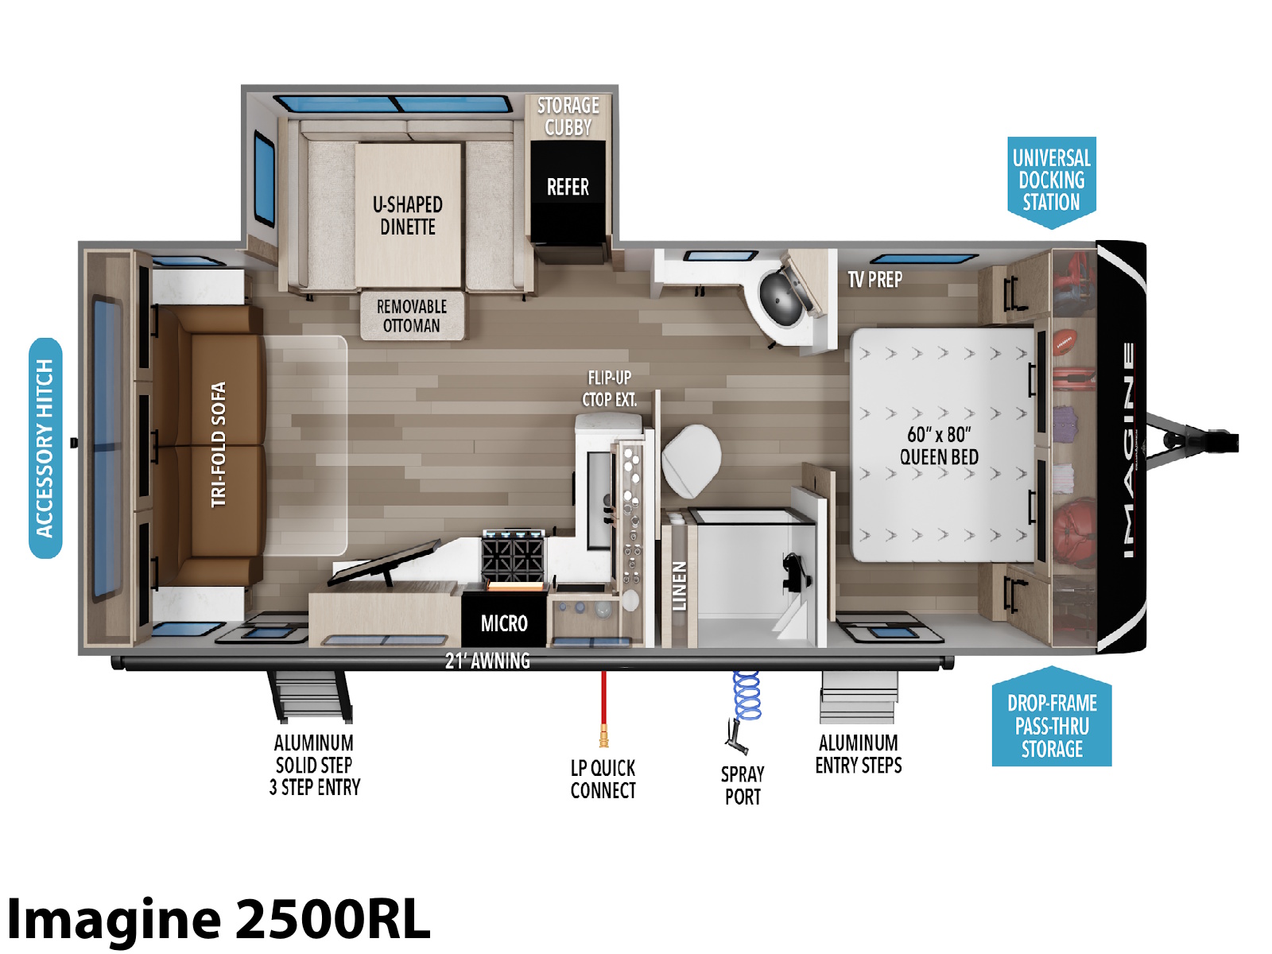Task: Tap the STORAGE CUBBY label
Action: [568, 116]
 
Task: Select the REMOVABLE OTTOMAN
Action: [412, 316]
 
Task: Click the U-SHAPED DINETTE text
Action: [408, 215]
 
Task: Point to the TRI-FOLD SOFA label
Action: [219, 444]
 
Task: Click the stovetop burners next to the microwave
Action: [513, 555]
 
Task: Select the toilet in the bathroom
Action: [692, 461]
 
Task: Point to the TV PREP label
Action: [875, 280]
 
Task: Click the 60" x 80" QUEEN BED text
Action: [939, 445]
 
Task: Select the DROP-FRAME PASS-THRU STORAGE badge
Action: [1052, 718]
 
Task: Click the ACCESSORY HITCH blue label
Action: [45, 448]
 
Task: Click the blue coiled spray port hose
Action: [747, 696]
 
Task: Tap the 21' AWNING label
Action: [487, 661]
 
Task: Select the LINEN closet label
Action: [679, 586]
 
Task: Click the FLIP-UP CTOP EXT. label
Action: [609, 389]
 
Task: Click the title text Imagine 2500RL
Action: [219, 919]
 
